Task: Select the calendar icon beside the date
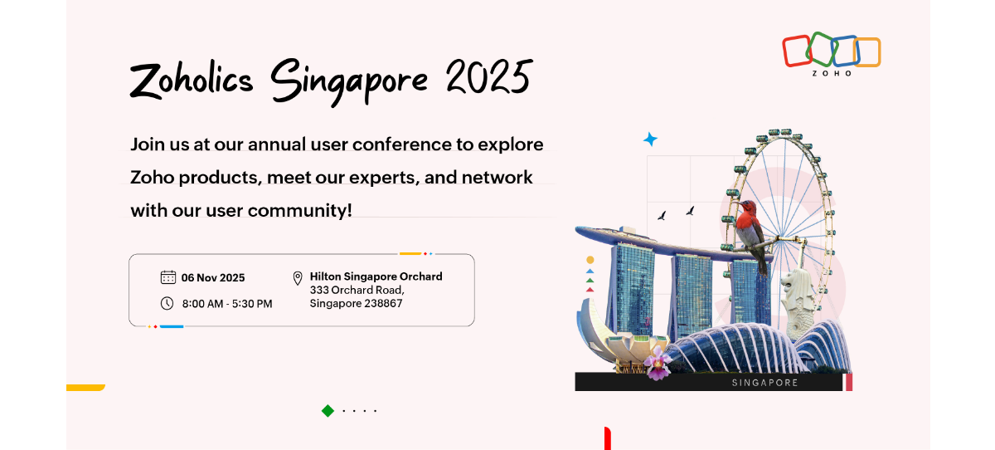pyautogui.click(x=167, y=277)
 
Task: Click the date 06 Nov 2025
pyautogui.click(x=213, y=278)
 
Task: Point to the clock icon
pyautogui.click(x=167, y=303)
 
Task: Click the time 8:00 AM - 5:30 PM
pyautogui.click(x=227, y=304)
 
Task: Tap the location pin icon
pyautogui.click(x=298, y=278)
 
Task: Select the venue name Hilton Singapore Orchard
pyautogui.click(x=376, y=276)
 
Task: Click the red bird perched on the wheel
pyautogui.click(x=750, y=224)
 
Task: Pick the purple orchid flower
pyautogui.click(x=658, y=362)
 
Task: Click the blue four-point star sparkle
pyautogui.click(x=651, y=139)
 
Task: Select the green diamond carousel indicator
pyautogui.click(x=328, y=410)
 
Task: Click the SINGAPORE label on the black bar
pyautogui.click(x=764, y=383)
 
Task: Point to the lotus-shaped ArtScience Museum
pyautogui.click(x=614, y=336)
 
